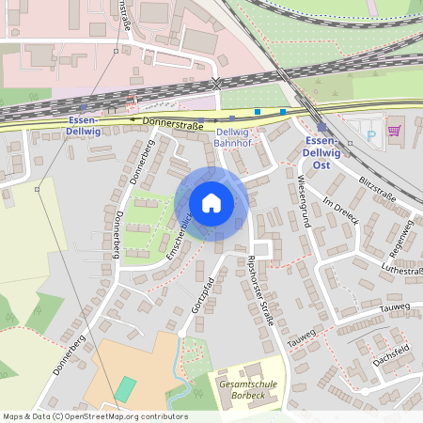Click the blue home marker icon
point(211,203)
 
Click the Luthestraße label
point(401,271)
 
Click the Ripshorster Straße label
point(259,291)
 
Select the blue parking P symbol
point(369,134)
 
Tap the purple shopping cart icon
point(394,132)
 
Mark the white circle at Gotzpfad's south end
point(180,334)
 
